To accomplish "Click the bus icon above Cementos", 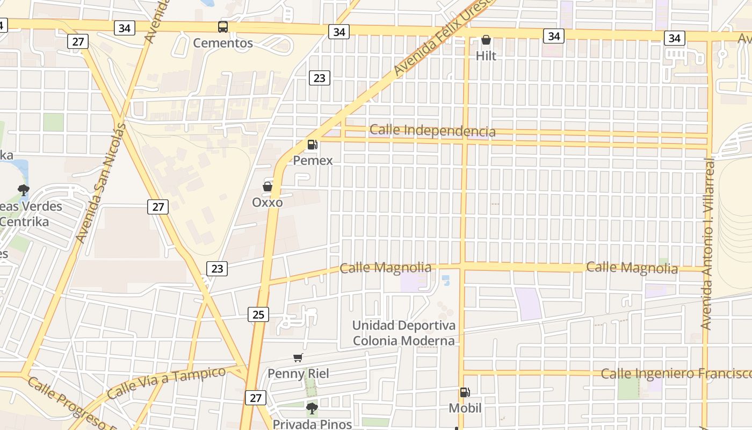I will tap(222, 27).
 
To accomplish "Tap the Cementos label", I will tap(222, 43).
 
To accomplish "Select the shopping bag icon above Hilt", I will tap(486, 40).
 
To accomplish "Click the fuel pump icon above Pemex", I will tap(312, 144).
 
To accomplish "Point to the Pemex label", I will tap(313, 160).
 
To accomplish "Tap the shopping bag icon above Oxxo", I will tap(267, 187).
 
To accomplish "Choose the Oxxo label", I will tap(267, 203).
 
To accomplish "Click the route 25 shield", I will tap(258, 314).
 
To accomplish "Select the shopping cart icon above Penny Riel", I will tap(298, 357).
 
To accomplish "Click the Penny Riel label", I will tap(298, 373).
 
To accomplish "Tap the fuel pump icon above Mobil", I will tap(465, 392).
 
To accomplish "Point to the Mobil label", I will tap(465, 408).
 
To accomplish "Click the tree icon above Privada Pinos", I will tap(312, 408).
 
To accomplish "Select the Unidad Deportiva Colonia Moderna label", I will tap(403, 333).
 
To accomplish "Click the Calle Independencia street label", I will tap(432, 131).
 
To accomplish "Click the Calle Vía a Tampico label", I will tap(167, 382).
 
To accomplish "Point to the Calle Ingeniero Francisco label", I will tap(676, 373).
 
